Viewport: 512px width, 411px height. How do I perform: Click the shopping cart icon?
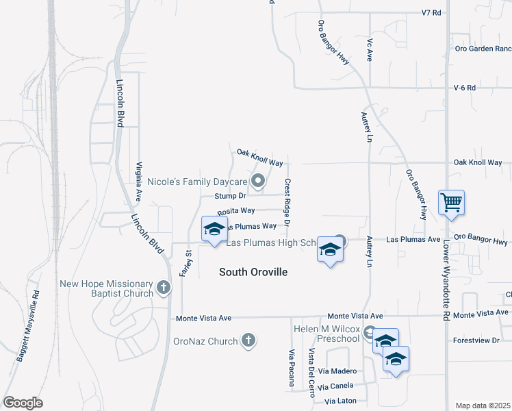click(x=451, y=203)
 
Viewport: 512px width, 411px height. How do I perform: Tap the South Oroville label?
click(x=253, y=272)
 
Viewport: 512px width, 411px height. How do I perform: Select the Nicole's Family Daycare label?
click(x=197, y=182)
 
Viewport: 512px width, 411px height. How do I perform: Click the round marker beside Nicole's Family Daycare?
click(x=258, y=182)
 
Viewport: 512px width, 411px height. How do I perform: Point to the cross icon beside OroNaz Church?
click(x=248, y=340)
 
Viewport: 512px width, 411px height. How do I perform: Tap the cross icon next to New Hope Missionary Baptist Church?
click(x=163, y=288)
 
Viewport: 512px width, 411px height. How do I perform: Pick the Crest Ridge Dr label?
click(x=287, y=203)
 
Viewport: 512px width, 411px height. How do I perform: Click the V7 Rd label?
click(x=431, y=12)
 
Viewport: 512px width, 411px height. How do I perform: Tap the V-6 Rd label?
click(x=464, y=88)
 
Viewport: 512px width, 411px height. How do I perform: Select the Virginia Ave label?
click(x=139, y=181)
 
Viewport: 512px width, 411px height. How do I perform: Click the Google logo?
click(x=23, y=403)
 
